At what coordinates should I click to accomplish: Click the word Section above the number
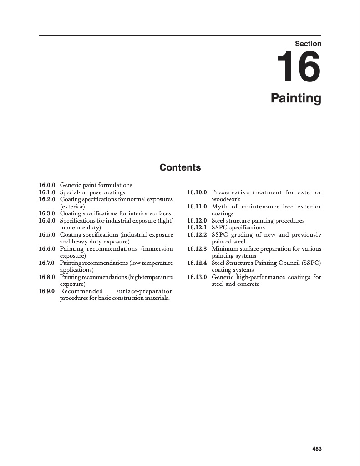[308, 44]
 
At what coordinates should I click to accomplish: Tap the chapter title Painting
[296, 98]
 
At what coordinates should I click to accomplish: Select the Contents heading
[180, 167]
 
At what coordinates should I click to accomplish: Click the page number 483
[317, 449]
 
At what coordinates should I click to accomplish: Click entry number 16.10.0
[197, 192]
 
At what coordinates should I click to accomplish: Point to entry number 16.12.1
[197, 228]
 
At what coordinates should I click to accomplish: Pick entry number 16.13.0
[197, 277]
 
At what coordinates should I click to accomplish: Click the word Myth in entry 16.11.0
[219, 207]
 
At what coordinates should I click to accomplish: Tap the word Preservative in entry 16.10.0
[229, 192]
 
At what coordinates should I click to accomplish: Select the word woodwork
[226, 199]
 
